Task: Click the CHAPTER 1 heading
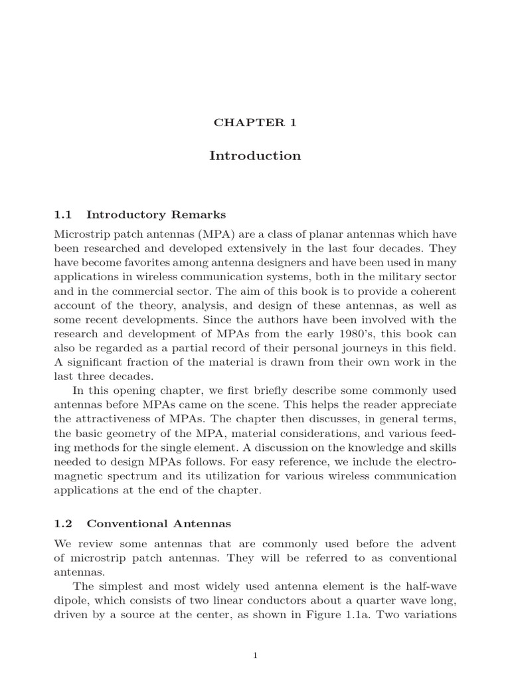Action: point(255,122)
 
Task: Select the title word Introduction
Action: point(255,156)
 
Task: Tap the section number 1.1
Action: point(62,214)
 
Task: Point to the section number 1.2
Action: point(62,524)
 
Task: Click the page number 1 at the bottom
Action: point(255,655)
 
